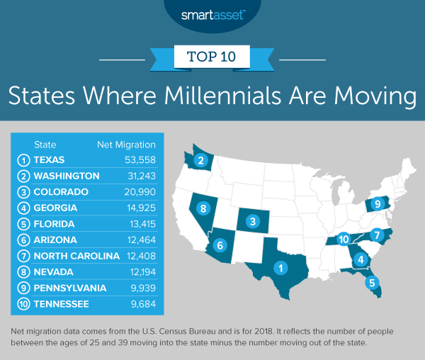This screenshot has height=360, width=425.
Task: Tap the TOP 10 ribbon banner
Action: pyautogui.click(x=212, y=55)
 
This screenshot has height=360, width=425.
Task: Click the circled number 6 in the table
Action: pyautogui.click(x=24, y=240)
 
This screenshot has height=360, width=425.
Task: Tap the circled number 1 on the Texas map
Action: pyautogui.click(x=281, y=268)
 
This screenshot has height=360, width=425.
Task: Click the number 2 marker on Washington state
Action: pyautogui.click(x=201, y=161)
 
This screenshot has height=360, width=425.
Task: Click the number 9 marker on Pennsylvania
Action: pyautogui.click(x=378, y=204)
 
